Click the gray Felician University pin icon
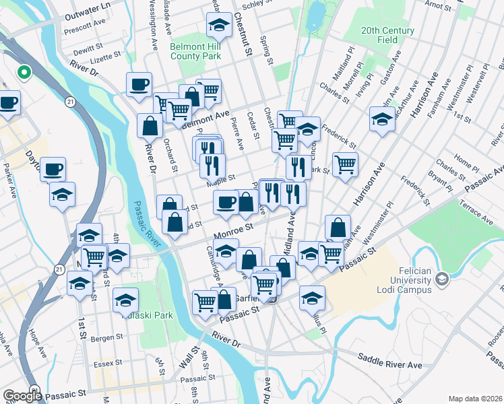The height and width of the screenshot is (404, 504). point(442,278)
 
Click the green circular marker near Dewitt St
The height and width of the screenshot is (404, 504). point(24,72)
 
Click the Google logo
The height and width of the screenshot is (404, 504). point(22,396)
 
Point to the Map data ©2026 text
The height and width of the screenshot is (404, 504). point(474,398)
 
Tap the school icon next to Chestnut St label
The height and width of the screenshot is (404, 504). point(218,25)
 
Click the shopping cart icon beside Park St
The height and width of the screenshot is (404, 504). point(345,163)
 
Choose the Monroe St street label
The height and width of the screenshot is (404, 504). point(233,232)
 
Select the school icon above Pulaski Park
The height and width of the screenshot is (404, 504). point(125,299)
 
